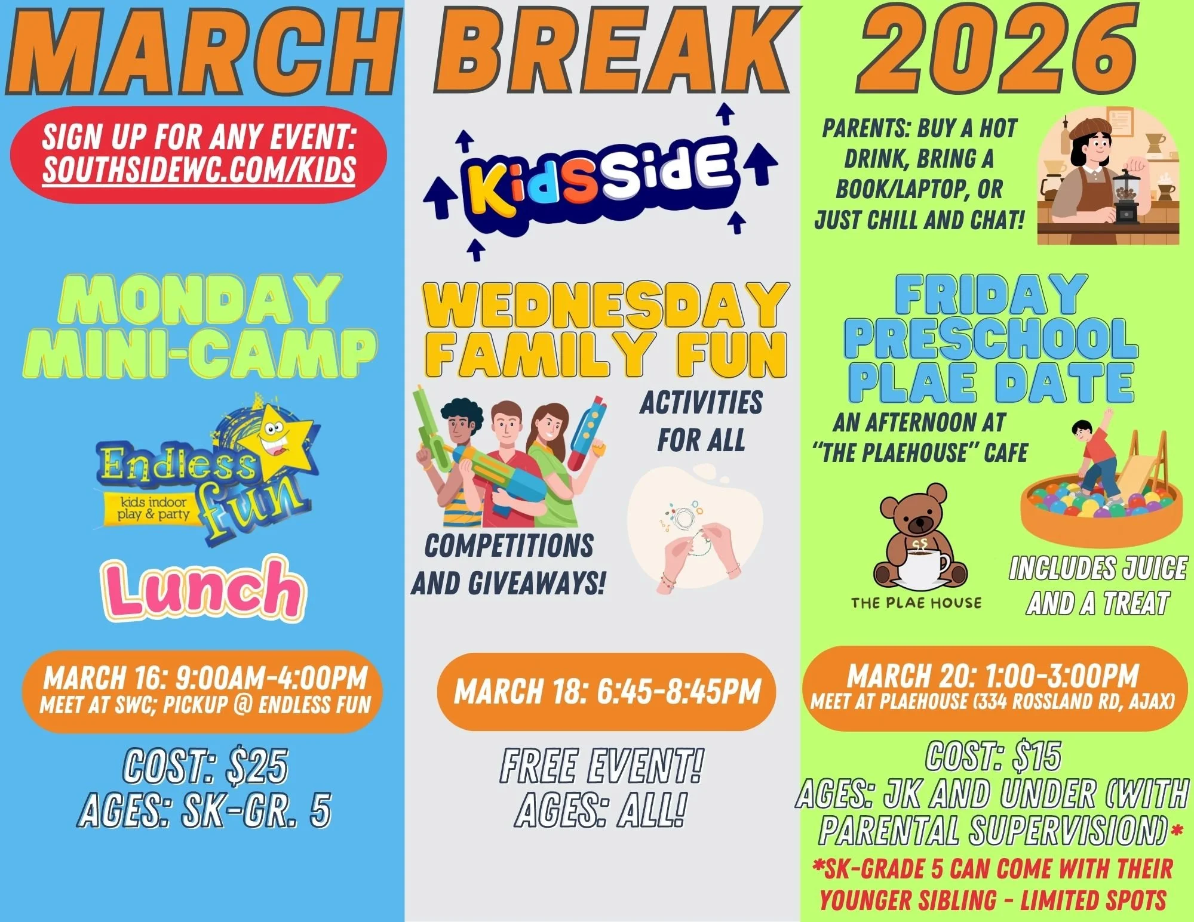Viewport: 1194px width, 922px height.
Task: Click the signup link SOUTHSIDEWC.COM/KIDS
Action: (199, 169)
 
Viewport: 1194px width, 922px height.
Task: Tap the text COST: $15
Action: (993, 756)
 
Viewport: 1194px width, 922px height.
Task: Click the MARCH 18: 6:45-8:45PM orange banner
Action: (606, 692)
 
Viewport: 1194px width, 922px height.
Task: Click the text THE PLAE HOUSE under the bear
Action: (916, 603)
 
